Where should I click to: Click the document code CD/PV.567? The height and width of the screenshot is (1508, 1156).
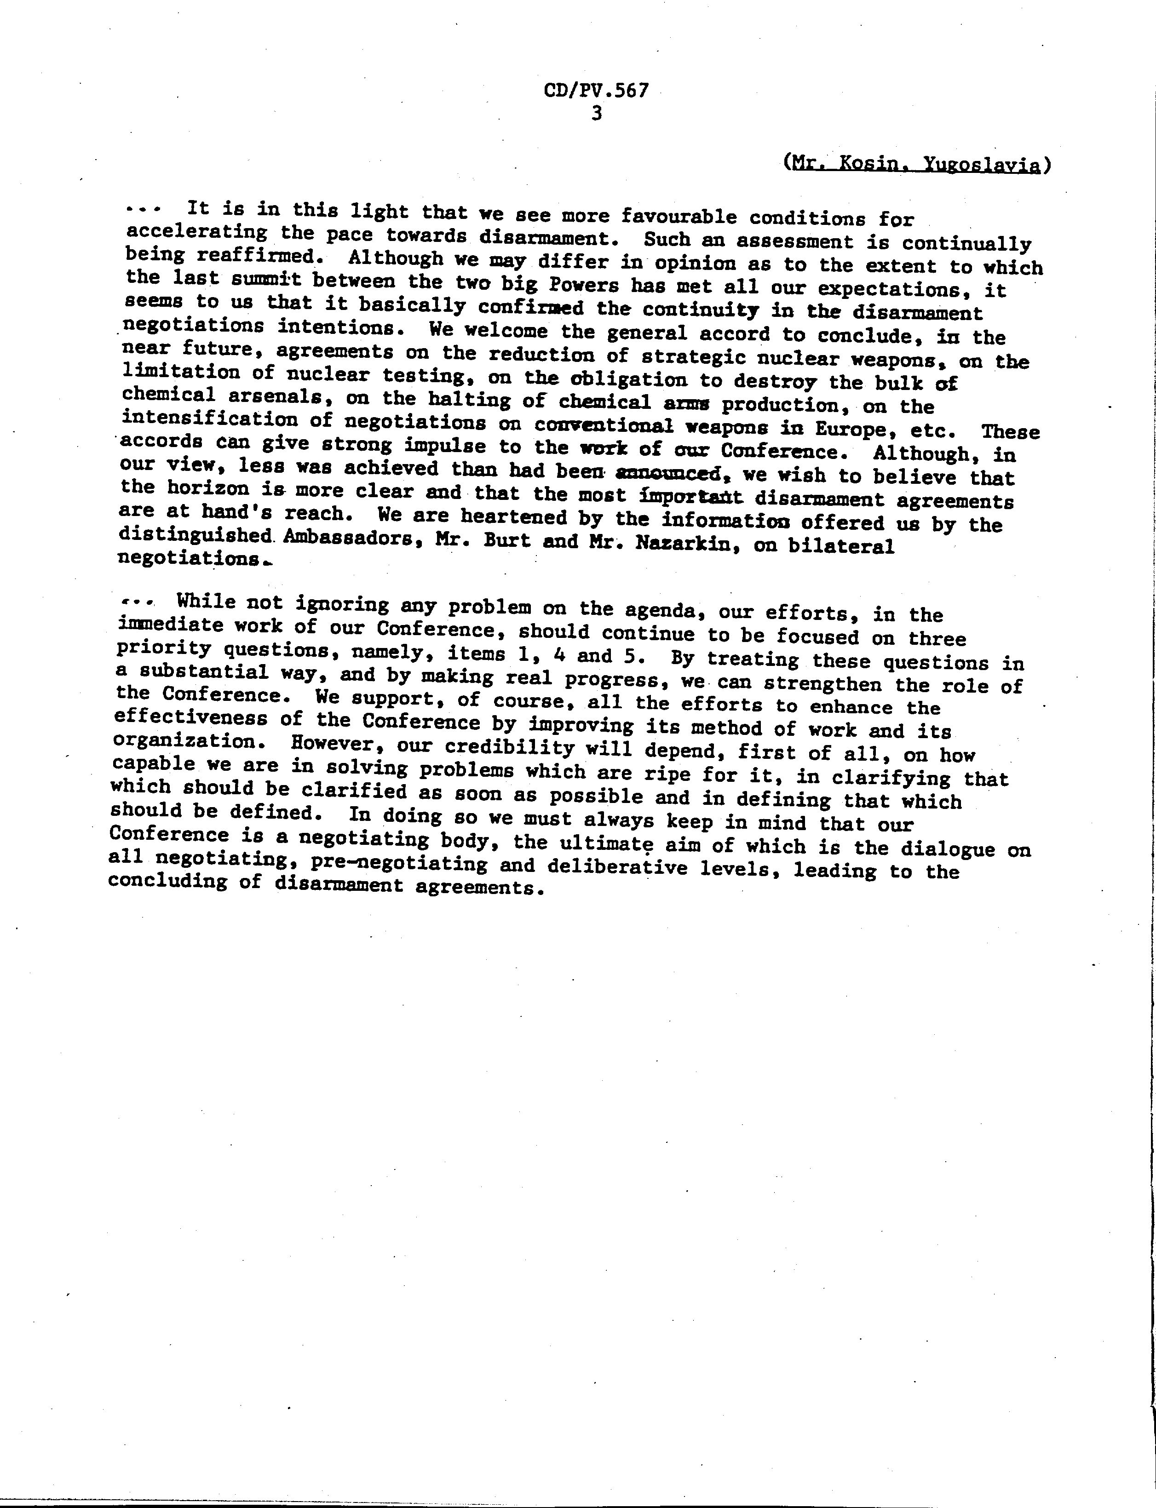[x=596, y=91]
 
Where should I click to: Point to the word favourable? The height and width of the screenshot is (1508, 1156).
[x=678, y=217]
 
